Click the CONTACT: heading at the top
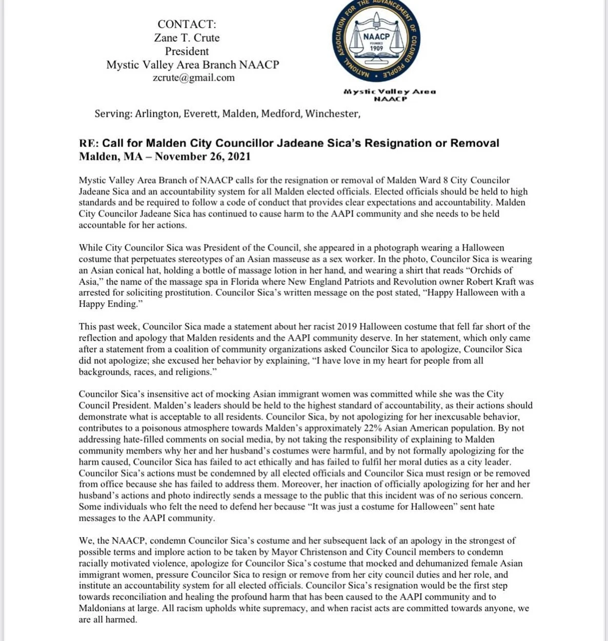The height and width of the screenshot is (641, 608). coord(187,24)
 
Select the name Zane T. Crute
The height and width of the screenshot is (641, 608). coord(187,38)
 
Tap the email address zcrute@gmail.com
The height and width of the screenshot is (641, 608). coord(193,78)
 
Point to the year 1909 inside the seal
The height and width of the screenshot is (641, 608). coord(376,49)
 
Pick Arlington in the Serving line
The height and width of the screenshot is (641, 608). coord(157,114)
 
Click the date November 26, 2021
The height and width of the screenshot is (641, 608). coord(202,157)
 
